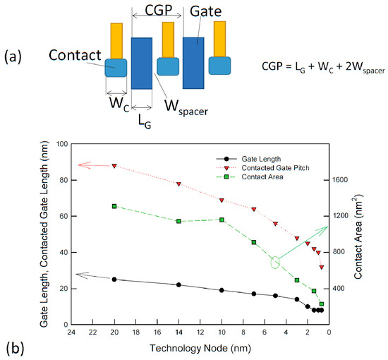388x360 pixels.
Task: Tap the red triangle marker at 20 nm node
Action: point(114,166)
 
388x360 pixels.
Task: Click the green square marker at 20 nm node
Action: point(114,206)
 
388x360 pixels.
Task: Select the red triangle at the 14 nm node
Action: point(178,184)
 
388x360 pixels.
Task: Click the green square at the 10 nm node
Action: point(222,220)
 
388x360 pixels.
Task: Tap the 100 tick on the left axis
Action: point(59,144)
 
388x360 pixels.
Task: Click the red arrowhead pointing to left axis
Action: point(61,165)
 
